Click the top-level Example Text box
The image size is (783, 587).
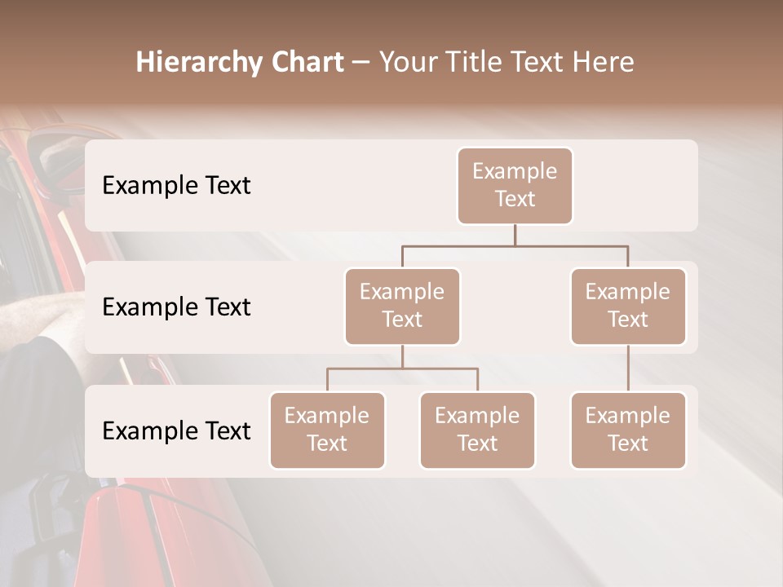[515, 185]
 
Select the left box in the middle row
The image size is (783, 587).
[402, 306]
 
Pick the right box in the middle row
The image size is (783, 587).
[628, 306]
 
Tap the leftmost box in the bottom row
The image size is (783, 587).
[327, 430]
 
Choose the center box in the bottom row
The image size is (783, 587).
[477, 430]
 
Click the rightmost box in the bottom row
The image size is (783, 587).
[628, 430]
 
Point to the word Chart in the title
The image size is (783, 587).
[304, 62]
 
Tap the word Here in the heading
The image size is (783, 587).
[603, 62]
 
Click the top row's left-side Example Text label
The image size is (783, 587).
[176, 185]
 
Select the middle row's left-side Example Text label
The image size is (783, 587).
[176, 307]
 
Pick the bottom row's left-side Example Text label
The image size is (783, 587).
[176, 430]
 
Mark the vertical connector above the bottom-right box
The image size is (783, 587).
[628, 368]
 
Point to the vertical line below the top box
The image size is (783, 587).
[515, 235]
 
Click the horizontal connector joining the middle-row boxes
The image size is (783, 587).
[515, 245]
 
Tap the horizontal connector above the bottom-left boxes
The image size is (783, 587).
[402, 369]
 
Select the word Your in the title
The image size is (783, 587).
[407, 62]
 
